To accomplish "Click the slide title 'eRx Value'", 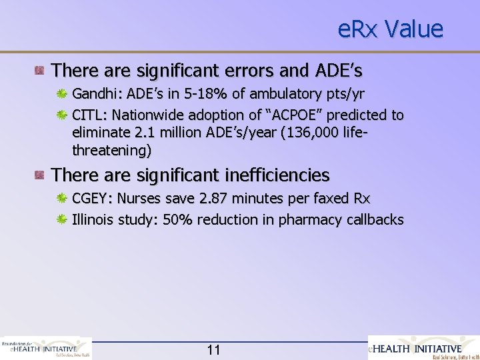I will (390, 29).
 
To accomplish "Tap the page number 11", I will (214, 350).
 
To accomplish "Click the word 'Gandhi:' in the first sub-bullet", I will (94, 92).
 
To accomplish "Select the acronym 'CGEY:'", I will (91, 199).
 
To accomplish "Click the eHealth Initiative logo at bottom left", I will (47, 348).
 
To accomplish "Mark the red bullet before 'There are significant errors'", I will (41, 69).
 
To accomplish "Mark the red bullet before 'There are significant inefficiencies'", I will (41, 175).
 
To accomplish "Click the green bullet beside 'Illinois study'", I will (62, 219).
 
